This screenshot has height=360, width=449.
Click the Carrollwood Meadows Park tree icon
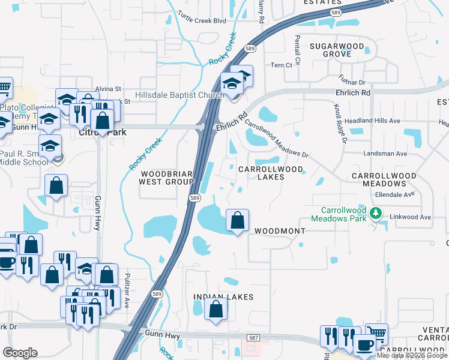(376, 213)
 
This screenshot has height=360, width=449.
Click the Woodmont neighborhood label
(280, 231)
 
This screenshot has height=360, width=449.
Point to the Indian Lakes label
(223, 297)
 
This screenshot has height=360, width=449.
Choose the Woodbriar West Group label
(166, 177)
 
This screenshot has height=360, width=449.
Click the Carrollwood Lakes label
(271, 173)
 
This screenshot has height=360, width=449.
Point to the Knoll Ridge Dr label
(340, 122)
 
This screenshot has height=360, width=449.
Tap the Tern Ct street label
(281, 65)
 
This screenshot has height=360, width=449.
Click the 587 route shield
(253, 338)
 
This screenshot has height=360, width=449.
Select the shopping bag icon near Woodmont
(238, 220)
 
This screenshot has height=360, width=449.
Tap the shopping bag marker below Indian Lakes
(216, 310)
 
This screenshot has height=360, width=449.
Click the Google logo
(20, 353)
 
